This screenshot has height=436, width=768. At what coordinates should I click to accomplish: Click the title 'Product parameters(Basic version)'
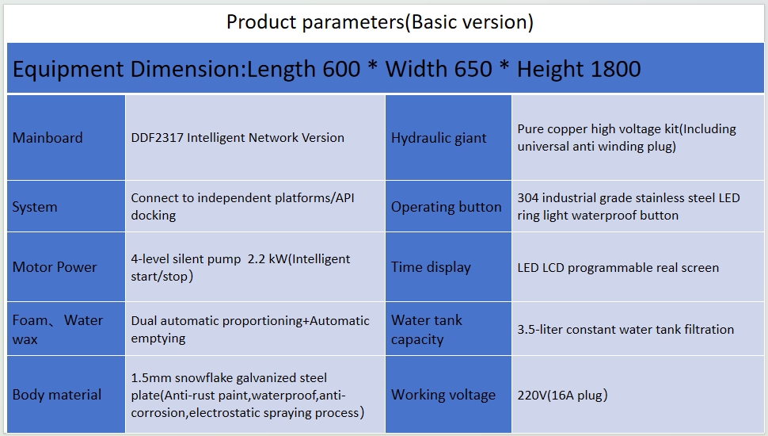pyautogui.click(x=379, y=22)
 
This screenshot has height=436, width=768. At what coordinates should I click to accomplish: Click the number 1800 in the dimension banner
pyautogui.click(x=616, y=69)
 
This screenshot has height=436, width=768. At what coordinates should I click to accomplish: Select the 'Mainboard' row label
pyautogui.click(x=48, y=138)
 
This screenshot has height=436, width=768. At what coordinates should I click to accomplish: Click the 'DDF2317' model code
pyautogui.click(x=157, y=138)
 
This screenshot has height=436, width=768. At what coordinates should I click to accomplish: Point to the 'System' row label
pyautogui.click(x=35, y=207)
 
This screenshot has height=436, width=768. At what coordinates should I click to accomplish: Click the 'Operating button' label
pyautogui.click(x=447, y=207)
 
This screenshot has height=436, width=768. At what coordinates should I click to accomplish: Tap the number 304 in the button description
pyautogui.click(x=528, y=198)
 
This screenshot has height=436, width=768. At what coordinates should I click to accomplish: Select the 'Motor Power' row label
pyautogui.click(x=55, y=267)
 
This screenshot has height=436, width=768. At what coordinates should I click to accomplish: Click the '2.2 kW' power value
pyautogui.click(x=268, y=259)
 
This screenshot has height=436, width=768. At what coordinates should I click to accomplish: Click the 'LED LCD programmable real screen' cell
pyautogui.click(x=618, y=268)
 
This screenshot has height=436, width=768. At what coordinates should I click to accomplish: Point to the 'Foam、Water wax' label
pyautogui.click(x=57, y=330)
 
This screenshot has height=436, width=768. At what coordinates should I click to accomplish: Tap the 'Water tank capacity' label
pyautogui.click(x=426, y=330)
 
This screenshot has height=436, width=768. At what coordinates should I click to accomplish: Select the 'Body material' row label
pyautogui.click(x=57, y=395)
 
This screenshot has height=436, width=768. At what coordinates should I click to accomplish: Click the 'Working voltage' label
pyautogui.click(x=443, y=395)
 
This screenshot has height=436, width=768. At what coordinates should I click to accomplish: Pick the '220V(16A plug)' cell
pyautogui.click(x=562, y=396)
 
